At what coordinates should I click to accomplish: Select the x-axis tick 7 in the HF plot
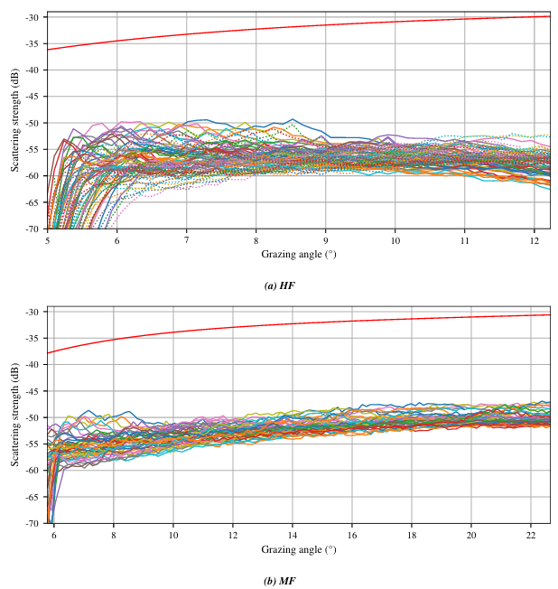click(186, 240)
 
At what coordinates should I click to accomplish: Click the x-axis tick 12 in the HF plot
click(534, 240)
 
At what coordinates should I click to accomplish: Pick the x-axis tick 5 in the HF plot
click(47, 240)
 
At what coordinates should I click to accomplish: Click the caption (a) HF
click(279, 285)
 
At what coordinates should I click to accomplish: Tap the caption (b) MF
click(279, 580)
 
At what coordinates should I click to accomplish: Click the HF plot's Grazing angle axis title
click(293, 254)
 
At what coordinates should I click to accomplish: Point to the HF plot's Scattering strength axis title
click(14, 122)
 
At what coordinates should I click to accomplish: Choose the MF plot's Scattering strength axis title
click(14, 416)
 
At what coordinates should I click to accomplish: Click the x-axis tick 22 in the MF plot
click(530, 535)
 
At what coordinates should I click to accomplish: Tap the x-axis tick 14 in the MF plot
click(293, 535)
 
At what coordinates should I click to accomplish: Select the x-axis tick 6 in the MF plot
click(54, 535)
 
